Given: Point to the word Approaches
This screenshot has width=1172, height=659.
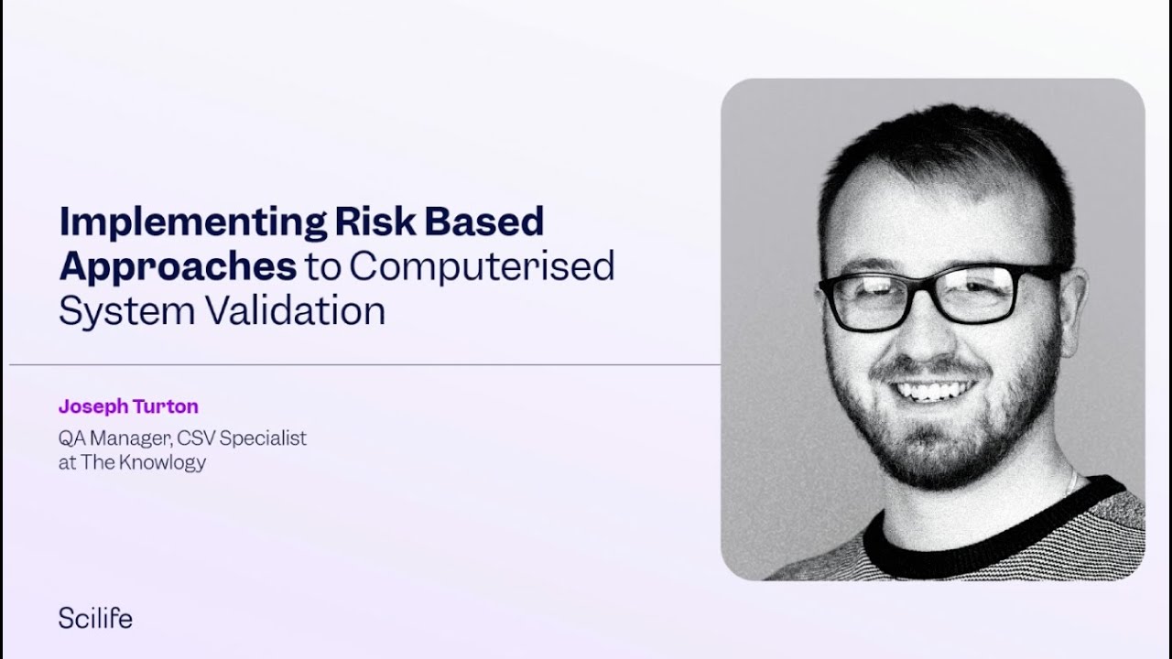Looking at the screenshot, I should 178,267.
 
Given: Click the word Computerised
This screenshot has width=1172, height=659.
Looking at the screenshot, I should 482,267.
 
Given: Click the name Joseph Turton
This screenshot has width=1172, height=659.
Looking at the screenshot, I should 128,405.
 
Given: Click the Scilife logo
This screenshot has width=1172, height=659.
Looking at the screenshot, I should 95,619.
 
